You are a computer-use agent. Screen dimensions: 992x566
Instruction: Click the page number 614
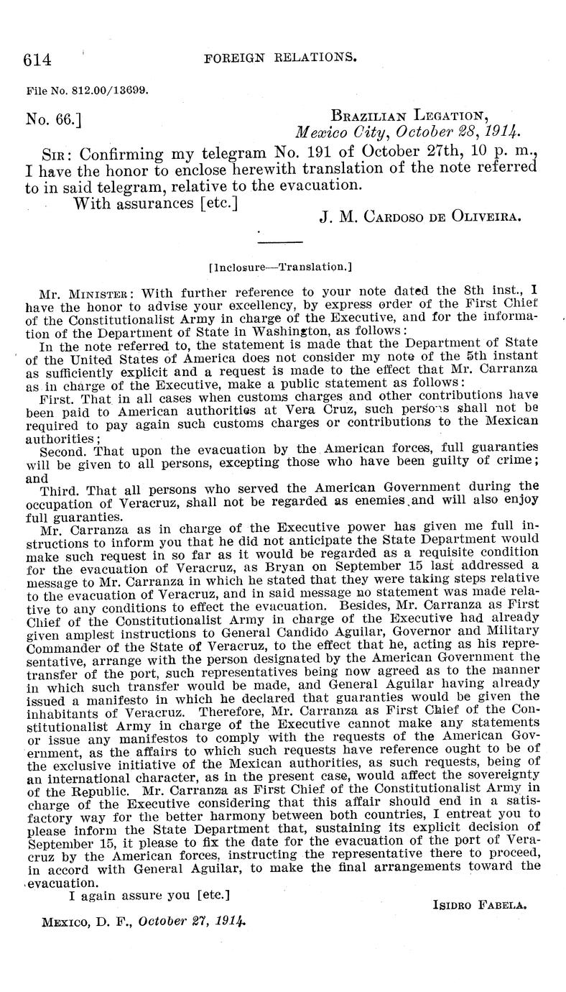37,60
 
